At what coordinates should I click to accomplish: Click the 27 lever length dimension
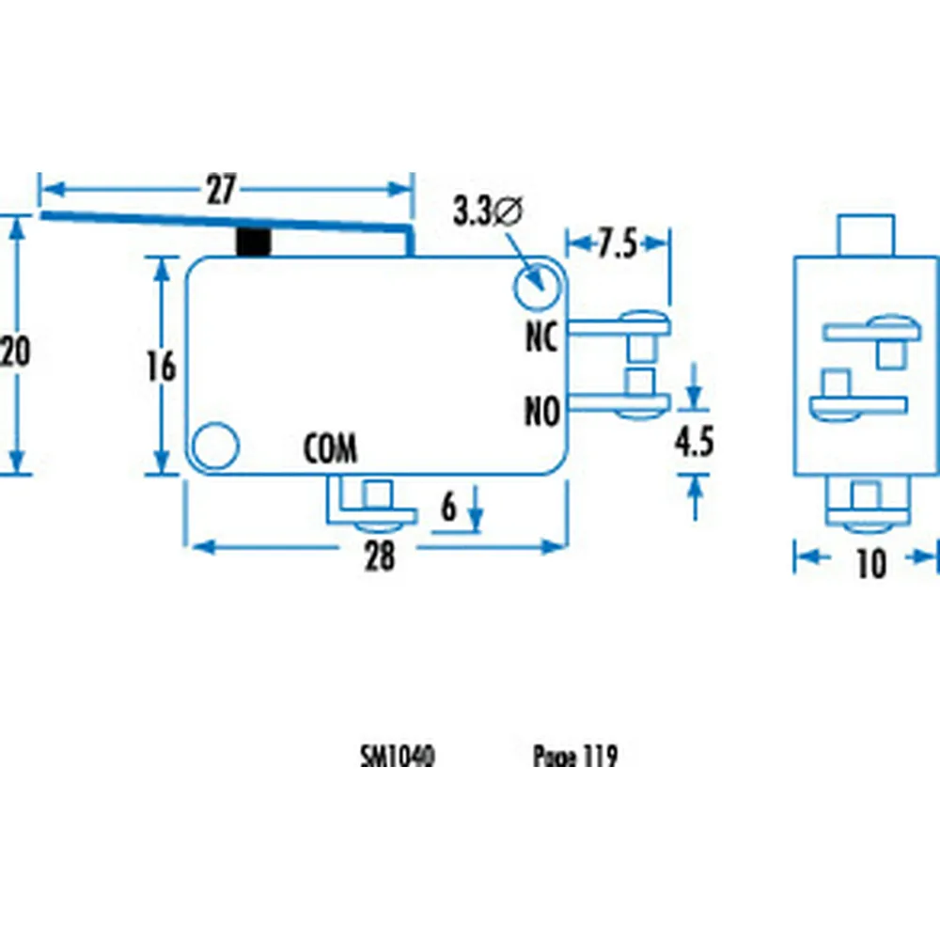[220, 191]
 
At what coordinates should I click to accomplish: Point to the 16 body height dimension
[162, 367]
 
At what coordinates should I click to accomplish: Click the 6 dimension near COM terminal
[448, 508]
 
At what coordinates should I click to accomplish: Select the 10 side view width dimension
[870, 563]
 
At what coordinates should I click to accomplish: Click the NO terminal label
[541, 412]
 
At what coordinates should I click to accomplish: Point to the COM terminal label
[330, 450]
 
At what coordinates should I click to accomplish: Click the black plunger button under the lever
[254, 242]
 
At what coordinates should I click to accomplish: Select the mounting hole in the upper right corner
[537, 286]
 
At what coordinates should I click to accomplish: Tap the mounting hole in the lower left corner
[215, 444]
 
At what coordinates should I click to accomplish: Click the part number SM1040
[397, 757]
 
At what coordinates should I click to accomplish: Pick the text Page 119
[574, 757]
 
